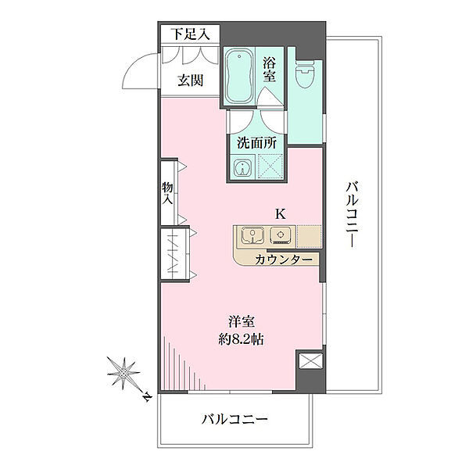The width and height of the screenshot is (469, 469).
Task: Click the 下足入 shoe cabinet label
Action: [190, 34]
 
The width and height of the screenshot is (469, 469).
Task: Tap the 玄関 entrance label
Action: [191, 81]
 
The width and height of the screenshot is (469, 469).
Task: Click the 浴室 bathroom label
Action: [269, 70]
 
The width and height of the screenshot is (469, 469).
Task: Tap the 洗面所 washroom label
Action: [256, 143]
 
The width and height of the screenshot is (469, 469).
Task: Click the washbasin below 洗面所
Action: [242, 168]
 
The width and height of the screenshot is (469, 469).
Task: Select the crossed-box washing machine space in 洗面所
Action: [270, 166]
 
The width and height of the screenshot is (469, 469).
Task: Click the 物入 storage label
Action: [167, 193]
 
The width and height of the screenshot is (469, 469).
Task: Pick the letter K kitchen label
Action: [281, 214]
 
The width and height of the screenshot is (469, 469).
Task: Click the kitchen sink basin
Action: [252, 235]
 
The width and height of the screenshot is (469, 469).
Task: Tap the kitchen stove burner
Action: [281, 235]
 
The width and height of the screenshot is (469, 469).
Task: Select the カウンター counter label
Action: [284, 260]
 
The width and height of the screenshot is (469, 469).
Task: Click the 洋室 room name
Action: [242, 322]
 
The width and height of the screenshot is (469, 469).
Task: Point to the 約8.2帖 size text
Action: [241, 339]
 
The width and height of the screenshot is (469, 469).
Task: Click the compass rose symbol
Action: [124, 374]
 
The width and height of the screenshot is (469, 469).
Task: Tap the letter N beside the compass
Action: [146, 397]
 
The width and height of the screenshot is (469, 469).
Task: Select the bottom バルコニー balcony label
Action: [234, 420]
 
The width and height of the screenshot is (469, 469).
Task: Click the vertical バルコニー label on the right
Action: [352, 214]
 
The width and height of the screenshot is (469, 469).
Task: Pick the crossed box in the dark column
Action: [311, 361]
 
